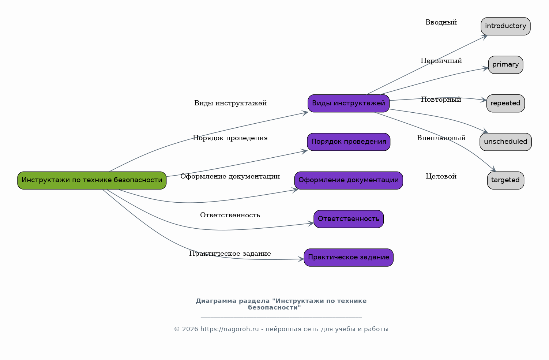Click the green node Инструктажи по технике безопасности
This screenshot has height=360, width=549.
[92, 180]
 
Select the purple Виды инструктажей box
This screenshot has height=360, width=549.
[349, 103]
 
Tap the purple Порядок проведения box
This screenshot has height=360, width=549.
[349, 142]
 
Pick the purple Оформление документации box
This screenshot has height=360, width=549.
[349, 180]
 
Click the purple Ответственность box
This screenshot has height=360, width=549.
[349, 219]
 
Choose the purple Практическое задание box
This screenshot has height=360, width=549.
[349, 257]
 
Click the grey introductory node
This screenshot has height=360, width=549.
[505, 26]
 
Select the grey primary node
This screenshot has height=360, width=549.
[505, 65]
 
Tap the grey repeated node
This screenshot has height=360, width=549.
[505, 103]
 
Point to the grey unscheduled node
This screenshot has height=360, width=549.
[505, 142]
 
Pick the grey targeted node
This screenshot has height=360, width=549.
[505, 180]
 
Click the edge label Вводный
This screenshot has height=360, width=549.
[441, 22]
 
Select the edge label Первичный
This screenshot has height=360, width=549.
[441, 61]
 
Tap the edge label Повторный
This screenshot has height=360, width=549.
[441, 99]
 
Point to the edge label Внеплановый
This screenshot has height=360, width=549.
[441, 138]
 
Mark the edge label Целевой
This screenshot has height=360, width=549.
[441, 176]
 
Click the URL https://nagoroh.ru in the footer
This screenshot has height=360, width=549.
[229, 329]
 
